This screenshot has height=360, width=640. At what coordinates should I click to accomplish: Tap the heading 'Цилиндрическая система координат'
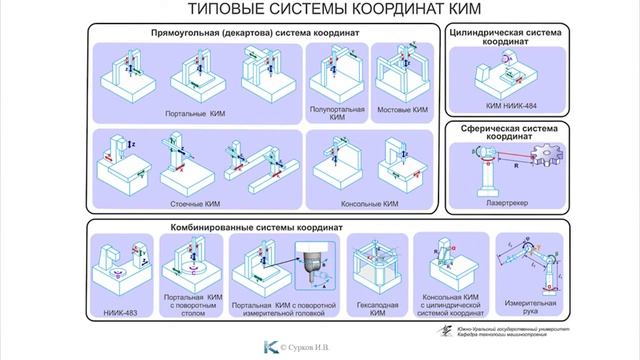[508, 38]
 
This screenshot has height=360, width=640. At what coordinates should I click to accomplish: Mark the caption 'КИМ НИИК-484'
[507, 104]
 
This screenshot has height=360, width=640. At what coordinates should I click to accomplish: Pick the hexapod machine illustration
[378, 264]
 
